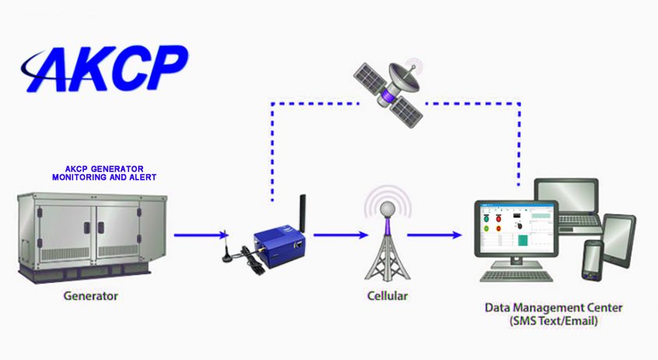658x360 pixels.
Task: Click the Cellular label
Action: (387, 296)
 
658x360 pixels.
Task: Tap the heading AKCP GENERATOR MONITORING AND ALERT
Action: (104, 173)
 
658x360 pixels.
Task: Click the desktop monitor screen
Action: (517, 229)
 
